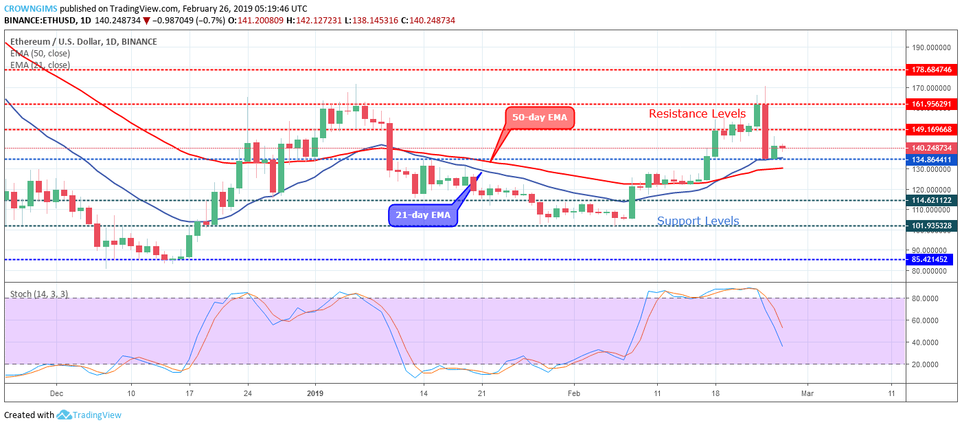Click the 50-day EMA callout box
tap(540, 118)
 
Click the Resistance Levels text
tap(697, 113)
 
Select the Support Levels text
tap(698, 221)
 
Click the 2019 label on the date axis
tap(315, 393)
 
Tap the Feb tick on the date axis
tap(574, 393)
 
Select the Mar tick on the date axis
tap(808, 393)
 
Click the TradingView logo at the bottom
tap(89, 415)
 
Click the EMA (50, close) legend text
tap(40, 53)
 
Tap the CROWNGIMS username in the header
tap(30, 8)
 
